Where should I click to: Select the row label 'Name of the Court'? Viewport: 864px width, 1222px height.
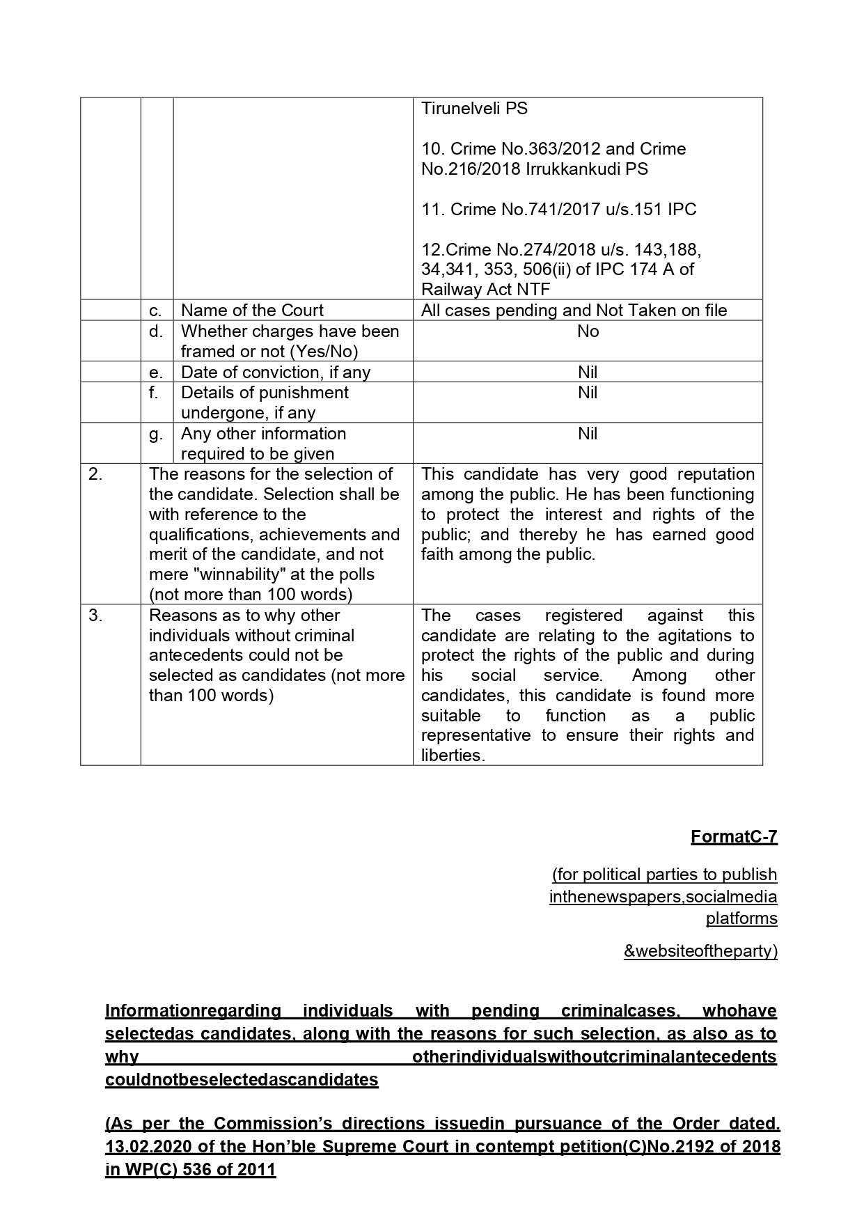click(x=252, y=311)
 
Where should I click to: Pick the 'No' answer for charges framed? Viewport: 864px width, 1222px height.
click(x=588, y=331)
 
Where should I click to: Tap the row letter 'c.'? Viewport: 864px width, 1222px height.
click(x=156, y=311)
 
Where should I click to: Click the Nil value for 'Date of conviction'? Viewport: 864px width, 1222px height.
click(x=588, y=373)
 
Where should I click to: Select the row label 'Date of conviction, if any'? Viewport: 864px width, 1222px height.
click(x=276, y=373)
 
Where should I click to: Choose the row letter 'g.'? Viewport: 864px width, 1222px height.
click(x=156, y=434)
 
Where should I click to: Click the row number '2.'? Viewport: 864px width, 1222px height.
click(x=95, y=474)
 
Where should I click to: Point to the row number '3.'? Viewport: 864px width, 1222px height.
click(x=95, y=616)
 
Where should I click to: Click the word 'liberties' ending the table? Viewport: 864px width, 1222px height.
click(x=451, y=756)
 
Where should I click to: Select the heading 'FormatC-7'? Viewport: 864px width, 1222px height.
click(x=734, y=837)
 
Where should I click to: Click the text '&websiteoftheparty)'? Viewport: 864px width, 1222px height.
click(x=700, y=951)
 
